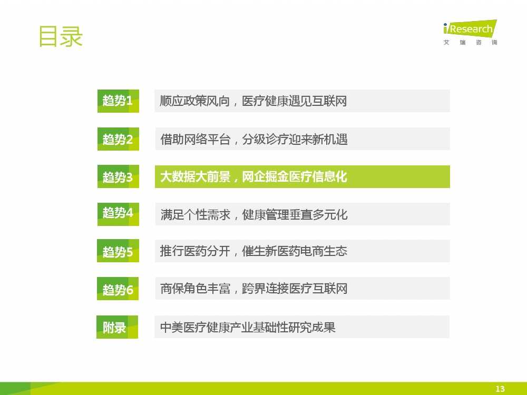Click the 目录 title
61,36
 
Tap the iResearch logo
470,28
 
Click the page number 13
500,389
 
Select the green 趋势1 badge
118,101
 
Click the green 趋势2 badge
118,139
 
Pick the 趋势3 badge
118,176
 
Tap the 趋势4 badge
118,214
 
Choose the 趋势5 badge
118,251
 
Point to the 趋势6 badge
118,289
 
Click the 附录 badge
118,327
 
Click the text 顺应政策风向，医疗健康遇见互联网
253,101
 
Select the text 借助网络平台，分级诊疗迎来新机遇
254,139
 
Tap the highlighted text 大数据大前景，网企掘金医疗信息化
254,176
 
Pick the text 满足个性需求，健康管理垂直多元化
254,214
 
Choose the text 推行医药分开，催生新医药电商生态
253,251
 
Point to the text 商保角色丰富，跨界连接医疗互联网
254,289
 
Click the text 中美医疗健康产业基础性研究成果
248,327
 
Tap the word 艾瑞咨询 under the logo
470,42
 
